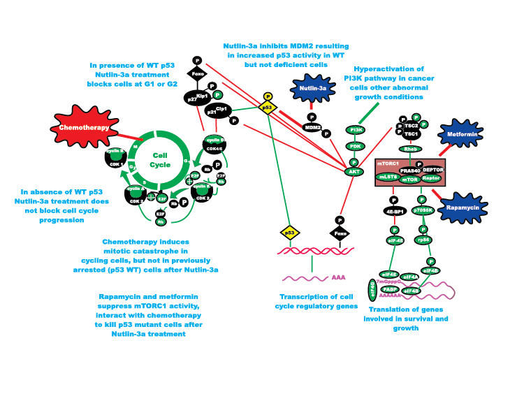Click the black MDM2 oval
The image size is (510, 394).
[x=312, y=127]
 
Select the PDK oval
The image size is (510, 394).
[x=356, y=146]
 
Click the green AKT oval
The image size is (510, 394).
[x=354, y=171]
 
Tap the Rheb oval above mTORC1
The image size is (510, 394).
[x=408, y=149]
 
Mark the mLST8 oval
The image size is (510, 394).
[x=388, y=177]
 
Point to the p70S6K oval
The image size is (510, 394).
[x=425, y=210]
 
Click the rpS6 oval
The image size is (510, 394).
[x=422, y=240]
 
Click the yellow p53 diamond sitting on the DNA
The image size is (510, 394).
[x=289, y=232]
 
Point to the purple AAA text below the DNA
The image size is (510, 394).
[x=340, y=277]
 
